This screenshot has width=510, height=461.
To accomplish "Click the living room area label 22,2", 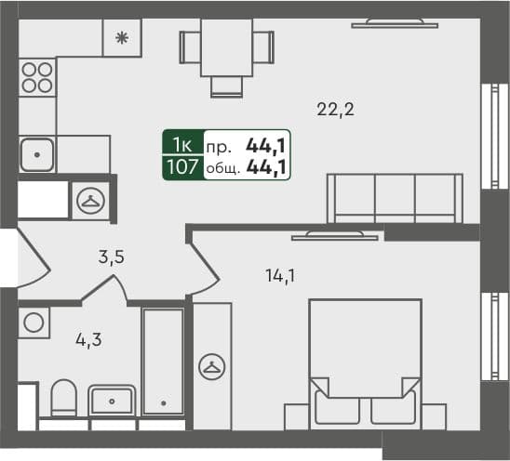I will coord(336,110).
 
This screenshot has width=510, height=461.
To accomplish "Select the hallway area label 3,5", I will coord(112,258).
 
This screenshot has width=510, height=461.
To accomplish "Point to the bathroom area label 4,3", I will coord(87,339).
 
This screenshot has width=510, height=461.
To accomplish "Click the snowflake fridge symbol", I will coord(121,38).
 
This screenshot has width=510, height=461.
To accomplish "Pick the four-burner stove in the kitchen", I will coord(36,75).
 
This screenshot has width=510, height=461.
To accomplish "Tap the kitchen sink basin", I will coord(36,153).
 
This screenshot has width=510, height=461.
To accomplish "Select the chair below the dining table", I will coord(226,86).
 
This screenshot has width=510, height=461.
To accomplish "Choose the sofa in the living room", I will coord(394,198).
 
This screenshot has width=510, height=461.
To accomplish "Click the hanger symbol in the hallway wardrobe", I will coord(91,199).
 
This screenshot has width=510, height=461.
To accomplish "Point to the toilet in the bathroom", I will coord(63,400).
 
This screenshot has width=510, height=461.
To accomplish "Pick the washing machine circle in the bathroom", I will coord(34,323).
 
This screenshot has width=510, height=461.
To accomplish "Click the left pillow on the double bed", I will coord(334,406).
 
